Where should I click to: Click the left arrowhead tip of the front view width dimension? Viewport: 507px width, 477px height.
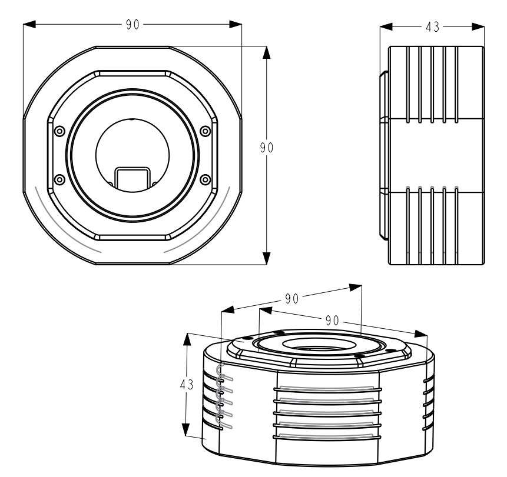24,24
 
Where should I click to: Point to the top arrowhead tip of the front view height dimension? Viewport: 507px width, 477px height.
266,46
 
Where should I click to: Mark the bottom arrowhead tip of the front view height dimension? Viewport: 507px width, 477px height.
266,265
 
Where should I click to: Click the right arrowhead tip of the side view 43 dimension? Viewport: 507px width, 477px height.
484,27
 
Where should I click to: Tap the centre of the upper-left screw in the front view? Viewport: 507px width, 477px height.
59,131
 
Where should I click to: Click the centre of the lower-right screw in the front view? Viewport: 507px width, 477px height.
206,179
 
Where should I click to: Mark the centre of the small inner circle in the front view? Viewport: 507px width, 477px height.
132,155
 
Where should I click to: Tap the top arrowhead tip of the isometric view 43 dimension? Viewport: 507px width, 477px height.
187,333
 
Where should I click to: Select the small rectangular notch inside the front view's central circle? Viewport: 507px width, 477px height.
132,178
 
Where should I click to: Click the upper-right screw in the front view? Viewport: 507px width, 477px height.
206,131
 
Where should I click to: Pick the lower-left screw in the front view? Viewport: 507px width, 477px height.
59,179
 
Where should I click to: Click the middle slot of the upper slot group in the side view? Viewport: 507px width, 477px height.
432,85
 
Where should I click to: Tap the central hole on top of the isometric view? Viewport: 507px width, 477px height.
314,344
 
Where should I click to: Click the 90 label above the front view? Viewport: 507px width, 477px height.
132,25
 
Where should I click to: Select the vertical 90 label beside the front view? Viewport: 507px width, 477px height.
267,148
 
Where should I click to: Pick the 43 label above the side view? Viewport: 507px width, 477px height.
433,27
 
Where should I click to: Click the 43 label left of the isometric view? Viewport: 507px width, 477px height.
187,384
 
